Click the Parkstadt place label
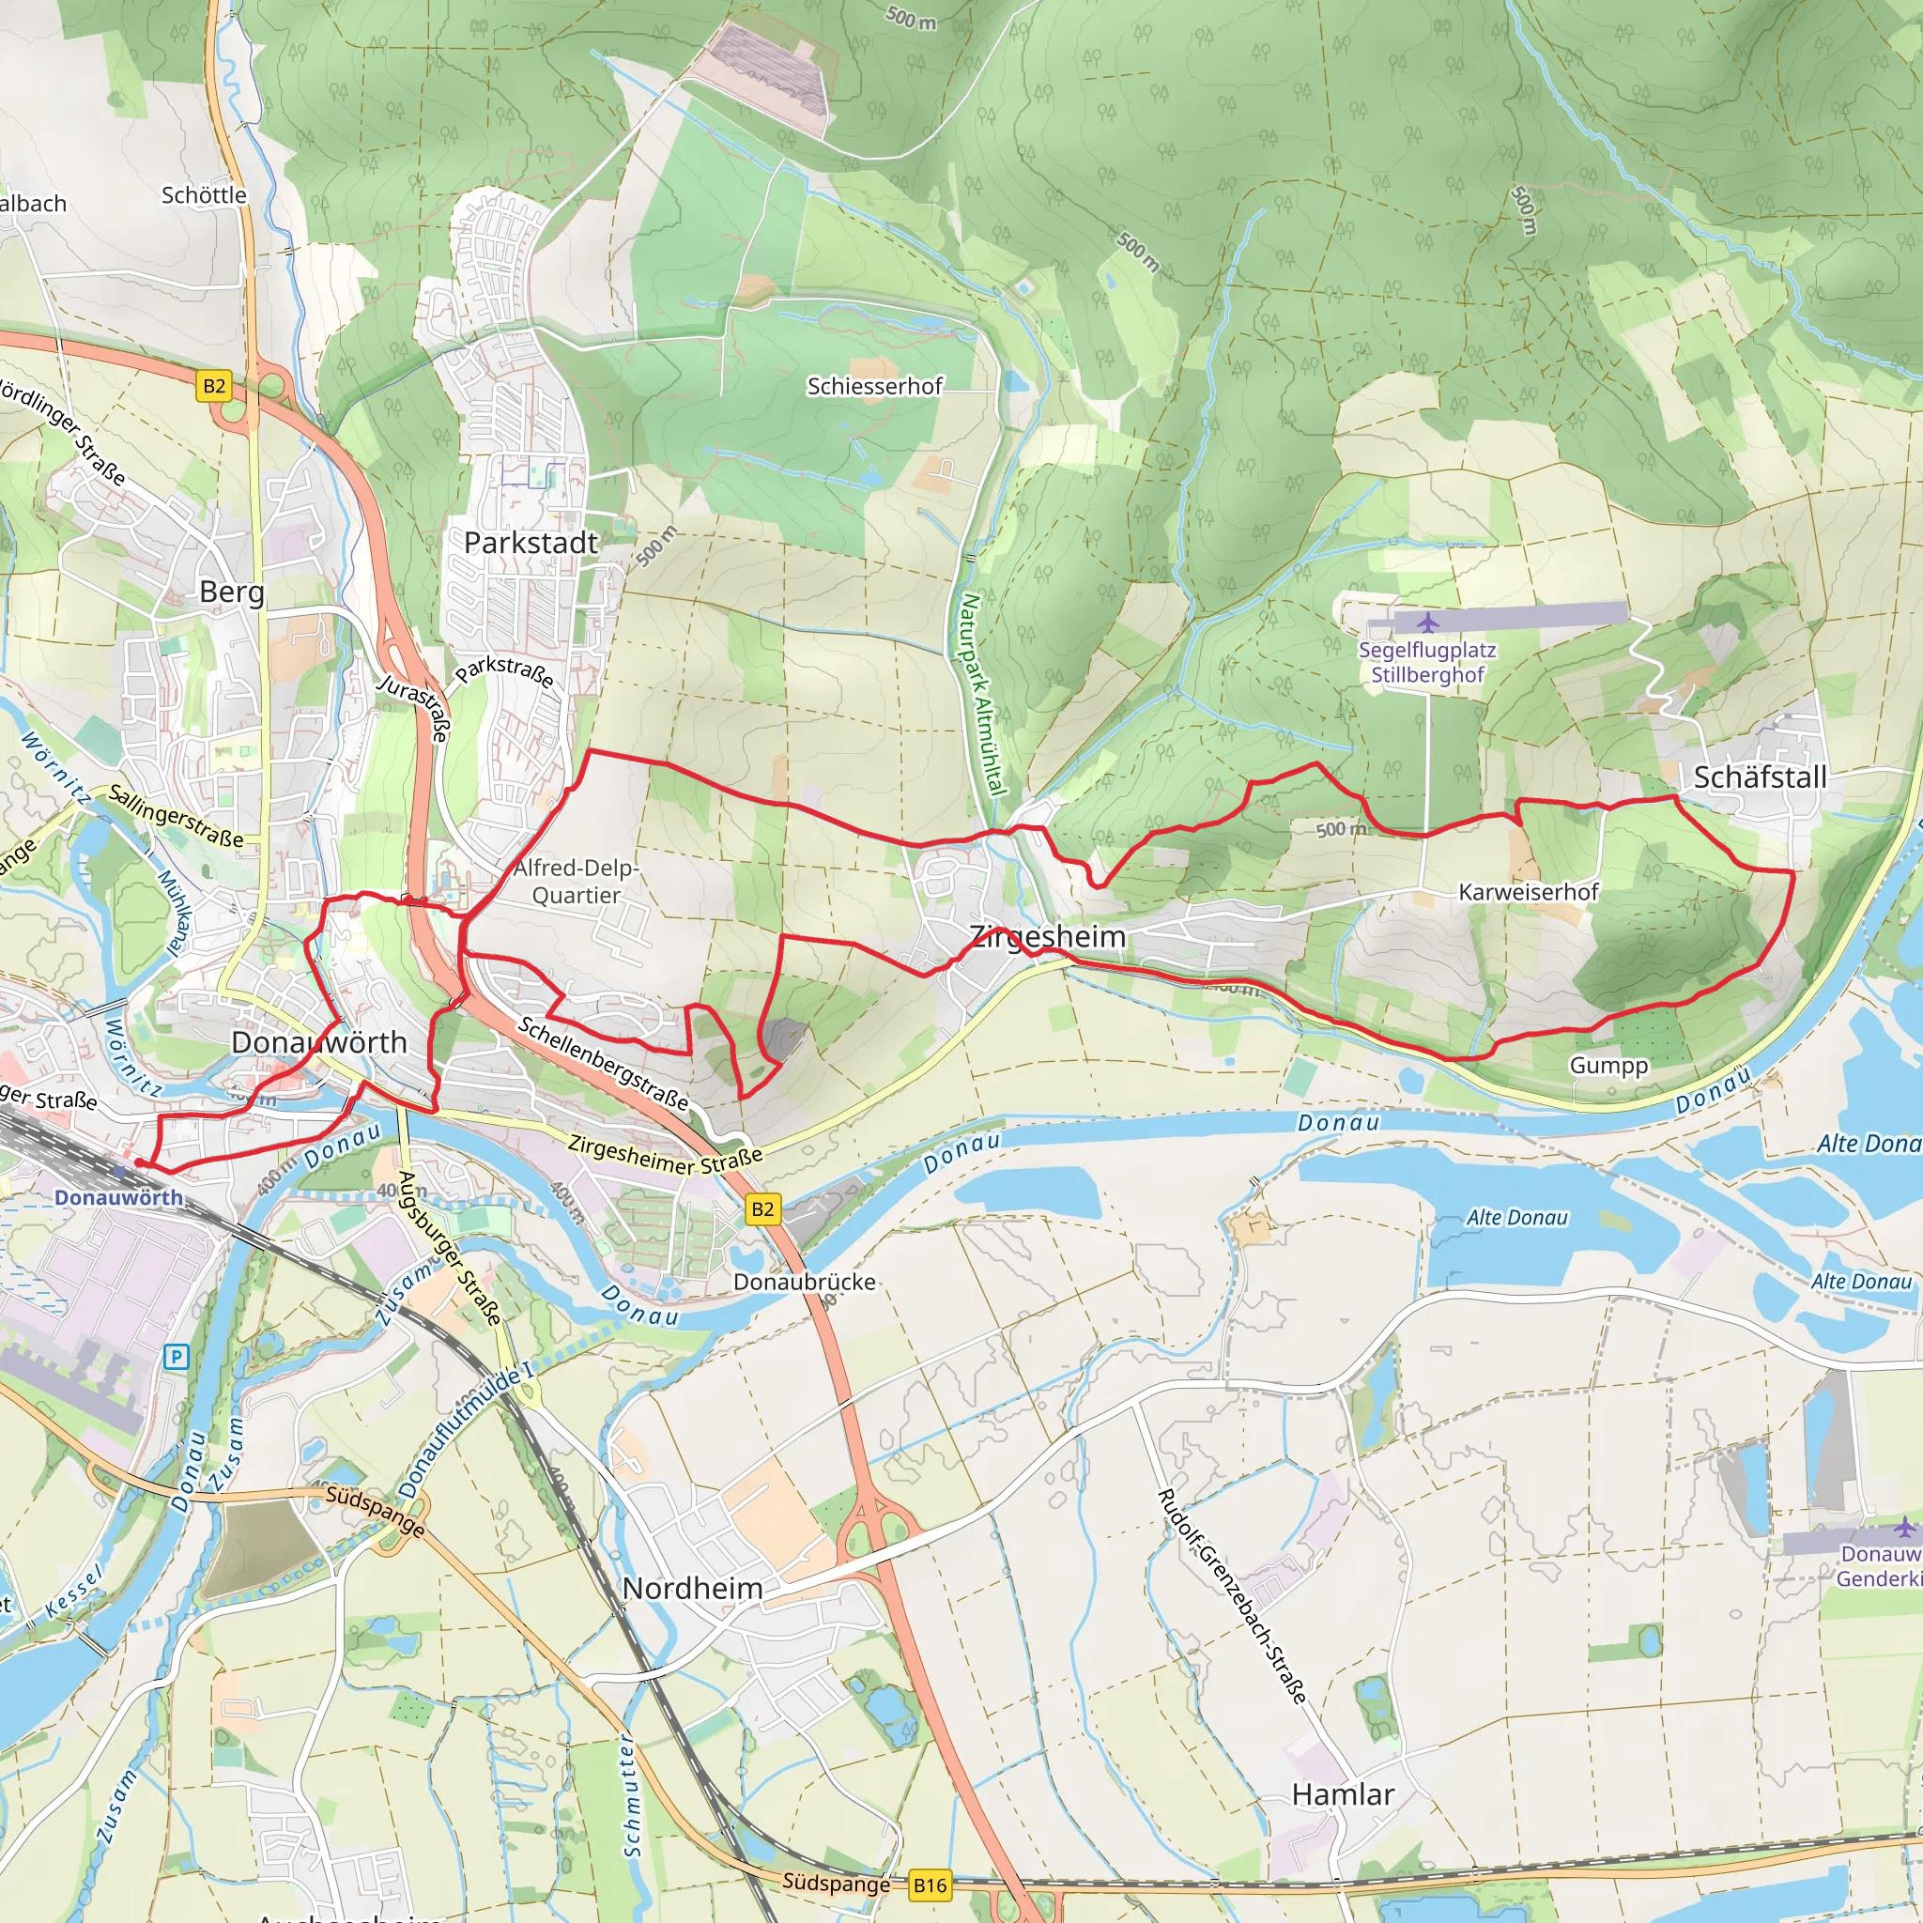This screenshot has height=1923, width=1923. [531, 544]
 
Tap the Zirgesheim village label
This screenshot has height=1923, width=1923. [1048, 936]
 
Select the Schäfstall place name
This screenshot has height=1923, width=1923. [1760, 777]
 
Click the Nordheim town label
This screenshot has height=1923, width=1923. [693, 1589]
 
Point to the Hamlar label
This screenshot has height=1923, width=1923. [1343, 1794]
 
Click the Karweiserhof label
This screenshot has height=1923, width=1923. [1528, 892]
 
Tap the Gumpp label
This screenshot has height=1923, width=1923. [1608, 1065]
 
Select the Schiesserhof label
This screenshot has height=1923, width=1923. [874, 386]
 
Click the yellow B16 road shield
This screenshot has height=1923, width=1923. [930, 1885]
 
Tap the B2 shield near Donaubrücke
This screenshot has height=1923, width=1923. [762, 1209]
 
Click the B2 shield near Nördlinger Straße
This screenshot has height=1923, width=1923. [214, 386]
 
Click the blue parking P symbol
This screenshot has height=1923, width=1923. [177, 1357]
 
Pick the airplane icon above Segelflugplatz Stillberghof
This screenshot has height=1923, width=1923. [1428, 624]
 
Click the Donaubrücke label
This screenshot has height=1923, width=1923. [805, 1282]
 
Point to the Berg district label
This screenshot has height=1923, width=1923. [232, 592]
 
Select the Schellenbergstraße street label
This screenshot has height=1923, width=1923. [603, 1064]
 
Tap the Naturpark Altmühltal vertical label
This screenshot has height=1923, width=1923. [981, 695]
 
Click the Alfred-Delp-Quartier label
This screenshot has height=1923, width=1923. [576, 882]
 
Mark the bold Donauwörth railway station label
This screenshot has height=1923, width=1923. [118, 1197]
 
